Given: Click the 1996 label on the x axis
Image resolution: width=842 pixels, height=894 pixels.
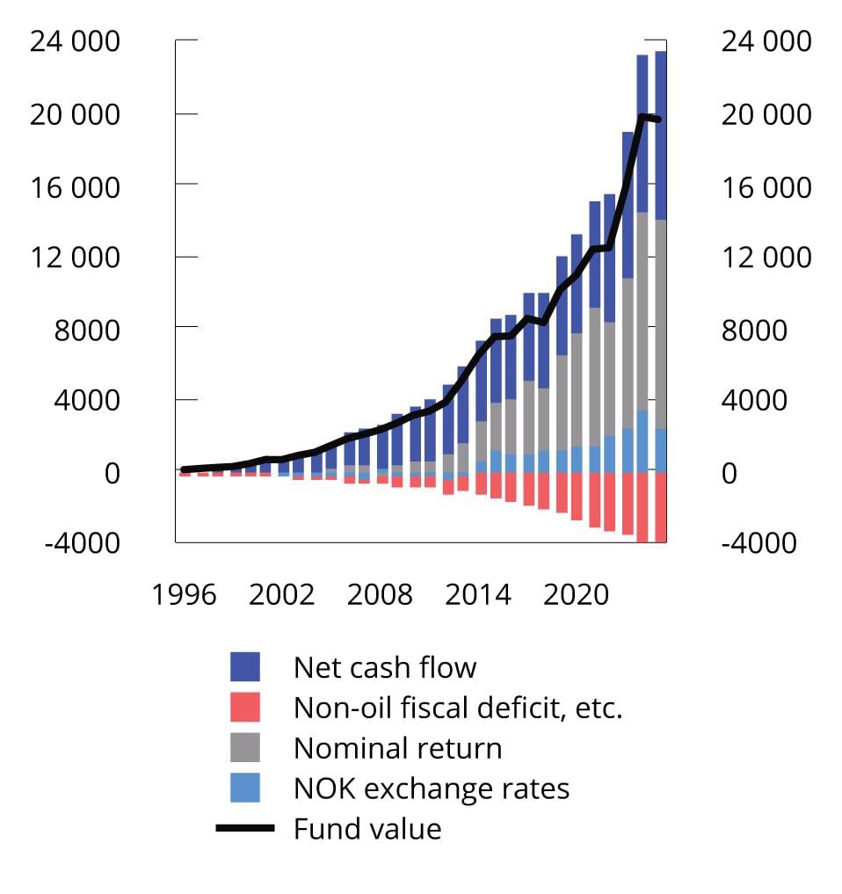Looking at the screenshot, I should point(184,594).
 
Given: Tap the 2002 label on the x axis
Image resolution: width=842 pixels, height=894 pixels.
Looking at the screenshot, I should point(281,594).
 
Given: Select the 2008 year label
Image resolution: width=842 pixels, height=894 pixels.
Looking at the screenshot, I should point(379,594).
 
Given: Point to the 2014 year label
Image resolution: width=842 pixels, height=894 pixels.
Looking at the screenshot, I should point(477,594).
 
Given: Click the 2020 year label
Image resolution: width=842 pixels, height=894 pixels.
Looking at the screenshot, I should point(576,594).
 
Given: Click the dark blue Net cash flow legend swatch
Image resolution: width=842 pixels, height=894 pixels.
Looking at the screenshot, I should point(245,667).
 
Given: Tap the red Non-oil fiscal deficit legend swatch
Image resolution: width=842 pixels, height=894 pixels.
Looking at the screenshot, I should point(245,708).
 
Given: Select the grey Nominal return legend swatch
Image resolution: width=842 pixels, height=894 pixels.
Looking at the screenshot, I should point(245,748).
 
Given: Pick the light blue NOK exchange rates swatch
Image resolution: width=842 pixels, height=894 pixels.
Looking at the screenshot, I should point(245,788).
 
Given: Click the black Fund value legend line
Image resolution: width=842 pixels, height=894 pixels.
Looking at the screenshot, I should point(245,828).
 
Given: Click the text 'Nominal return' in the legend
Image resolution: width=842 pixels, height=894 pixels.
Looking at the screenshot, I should point(397,748).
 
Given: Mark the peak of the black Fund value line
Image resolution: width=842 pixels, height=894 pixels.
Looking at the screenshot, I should point(642,116).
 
